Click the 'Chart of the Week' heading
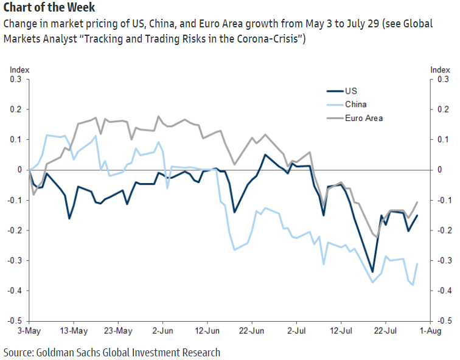click(x=49, y=9)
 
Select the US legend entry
click(x=350, y=91)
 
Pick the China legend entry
click(x=355, y=105)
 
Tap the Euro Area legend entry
click(x=363, y=118)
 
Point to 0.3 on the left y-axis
click(x=15, y=79)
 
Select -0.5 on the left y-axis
click(x=14, y=320)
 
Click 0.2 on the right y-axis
click(x=443, y=109)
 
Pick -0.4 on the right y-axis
click(x=444, y=291)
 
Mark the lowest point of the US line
click(x=372, y=272)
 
